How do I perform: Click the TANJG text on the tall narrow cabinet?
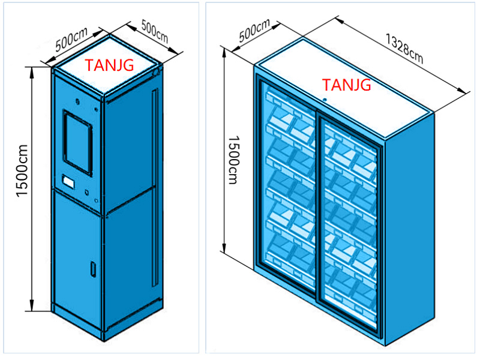coord(110,65)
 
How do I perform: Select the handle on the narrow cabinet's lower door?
coord(92,269)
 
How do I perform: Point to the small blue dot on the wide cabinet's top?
coord(324,100)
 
